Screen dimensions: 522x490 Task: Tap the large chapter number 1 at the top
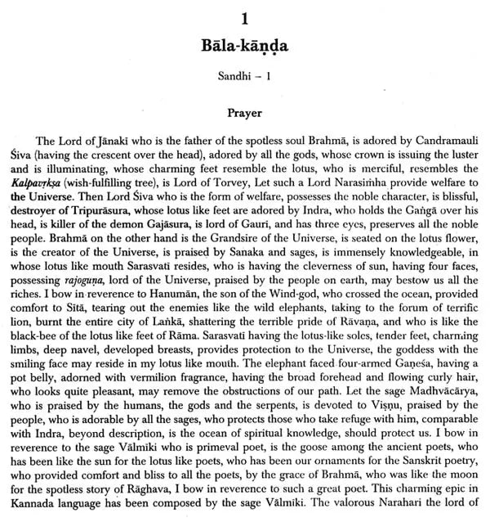245,14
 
